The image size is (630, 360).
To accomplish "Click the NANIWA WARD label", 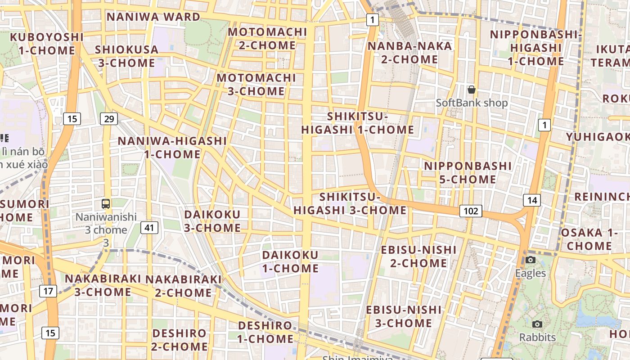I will [153, 17].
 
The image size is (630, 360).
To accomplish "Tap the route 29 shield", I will [108, 119].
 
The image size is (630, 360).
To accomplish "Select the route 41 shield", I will [149, 228].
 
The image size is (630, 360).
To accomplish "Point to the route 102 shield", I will [471, 211].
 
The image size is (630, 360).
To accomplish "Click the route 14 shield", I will [532, 200].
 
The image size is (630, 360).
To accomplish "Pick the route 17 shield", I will [48, 291].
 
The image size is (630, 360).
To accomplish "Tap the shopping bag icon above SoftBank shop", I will [472, 90].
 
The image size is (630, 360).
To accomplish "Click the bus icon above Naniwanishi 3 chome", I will [106, 204].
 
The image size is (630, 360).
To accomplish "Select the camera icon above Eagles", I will [531, 260].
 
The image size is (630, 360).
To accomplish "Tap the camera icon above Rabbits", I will [537, 324].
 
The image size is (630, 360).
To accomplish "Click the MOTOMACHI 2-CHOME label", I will [267, 39].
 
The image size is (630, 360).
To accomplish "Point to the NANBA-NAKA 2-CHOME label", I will [409, 53].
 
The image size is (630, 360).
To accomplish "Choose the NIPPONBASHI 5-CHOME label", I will [468, 173].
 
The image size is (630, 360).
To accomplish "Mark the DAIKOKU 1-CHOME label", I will [290, 261].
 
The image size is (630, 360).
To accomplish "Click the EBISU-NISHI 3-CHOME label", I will [404, 316].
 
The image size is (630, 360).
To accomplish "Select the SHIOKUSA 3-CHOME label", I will [126, 56].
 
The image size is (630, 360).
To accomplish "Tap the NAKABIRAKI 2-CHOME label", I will [183, 286].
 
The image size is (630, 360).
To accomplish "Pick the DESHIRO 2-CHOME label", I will [179, 340].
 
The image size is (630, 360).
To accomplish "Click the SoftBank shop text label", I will [472, 103].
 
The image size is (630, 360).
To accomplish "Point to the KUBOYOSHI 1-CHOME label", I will [47, 44].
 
